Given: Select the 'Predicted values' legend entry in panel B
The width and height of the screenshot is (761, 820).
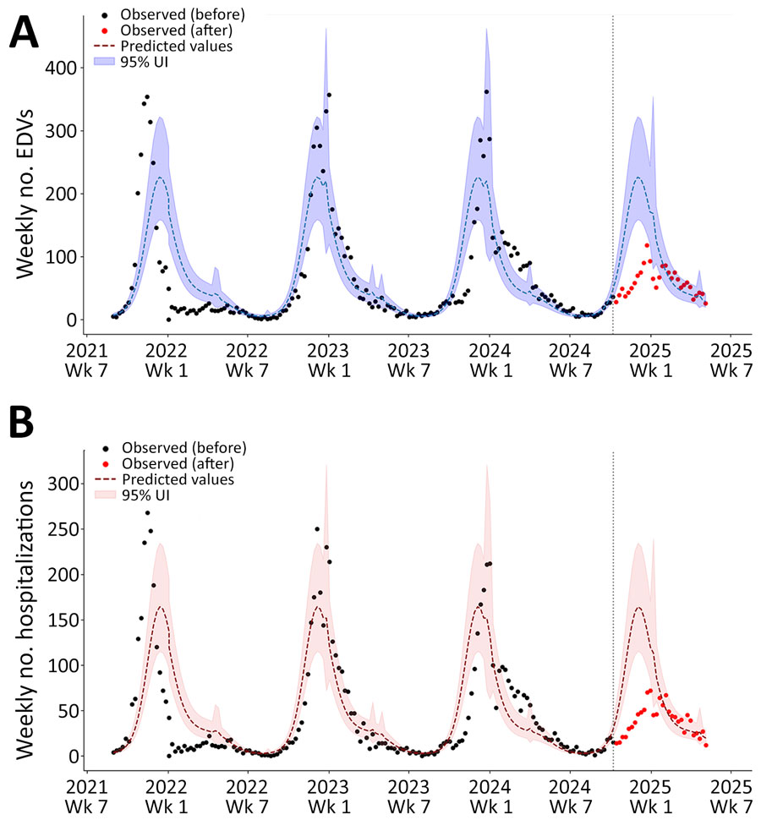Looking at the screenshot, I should [x=178, y=479].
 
